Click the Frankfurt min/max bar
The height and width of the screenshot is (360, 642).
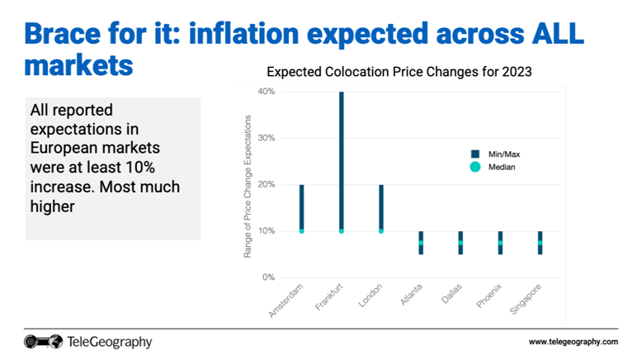click(341, 161)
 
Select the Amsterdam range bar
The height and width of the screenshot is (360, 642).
click(301, 207)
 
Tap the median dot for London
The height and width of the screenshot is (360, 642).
click(381, 231)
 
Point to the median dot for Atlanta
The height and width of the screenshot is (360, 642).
click(421, 243)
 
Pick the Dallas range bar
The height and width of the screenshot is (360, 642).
click(460, 243)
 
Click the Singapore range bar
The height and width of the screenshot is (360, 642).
click(541, 243)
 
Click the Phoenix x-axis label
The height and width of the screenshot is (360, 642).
click(489, 297)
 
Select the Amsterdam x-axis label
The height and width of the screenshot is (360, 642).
click(287, 301)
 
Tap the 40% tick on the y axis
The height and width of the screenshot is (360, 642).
click(266, 91)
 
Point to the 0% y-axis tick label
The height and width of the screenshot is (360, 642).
click(267, 277)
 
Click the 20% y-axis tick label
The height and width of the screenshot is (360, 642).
click(266, 184)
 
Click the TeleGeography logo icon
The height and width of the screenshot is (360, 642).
click(43, 341)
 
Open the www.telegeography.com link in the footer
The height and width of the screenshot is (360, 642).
click(573, 342)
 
